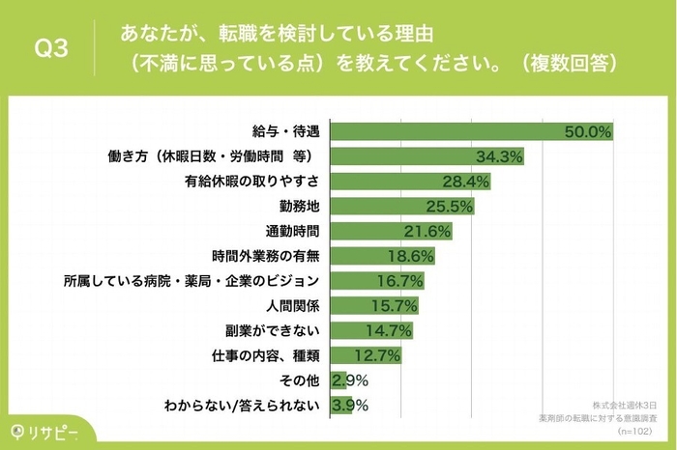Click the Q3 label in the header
(x=51, y=49)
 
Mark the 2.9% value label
(x=349, y=380)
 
